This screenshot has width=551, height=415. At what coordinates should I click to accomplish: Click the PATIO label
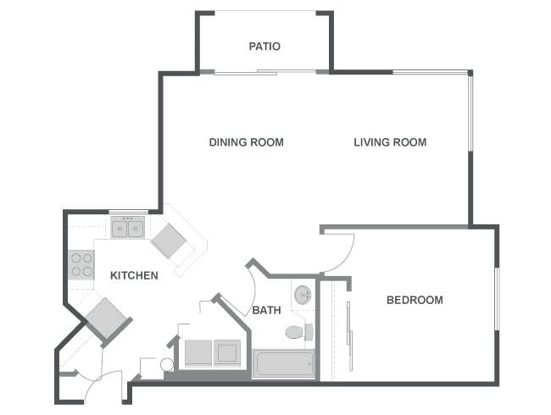click(x=264, y=47)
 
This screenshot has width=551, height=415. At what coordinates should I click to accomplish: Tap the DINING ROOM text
click(x=246, y=142)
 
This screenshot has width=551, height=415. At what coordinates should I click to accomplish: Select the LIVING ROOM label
click(x=390, y=142)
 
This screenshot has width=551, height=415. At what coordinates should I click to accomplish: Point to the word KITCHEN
click(x=134, y=275)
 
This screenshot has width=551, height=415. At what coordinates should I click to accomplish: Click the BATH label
click(x=266, y=311)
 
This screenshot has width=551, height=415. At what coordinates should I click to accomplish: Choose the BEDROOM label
click(x=415, y=300)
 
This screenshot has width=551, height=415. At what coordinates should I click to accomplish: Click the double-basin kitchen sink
click(x=129, y=227)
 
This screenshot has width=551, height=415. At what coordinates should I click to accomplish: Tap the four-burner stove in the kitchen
click(x=81, y=265)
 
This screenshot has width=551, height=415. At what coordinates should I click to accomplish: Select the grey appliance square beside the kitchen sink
click(x=170, y=242)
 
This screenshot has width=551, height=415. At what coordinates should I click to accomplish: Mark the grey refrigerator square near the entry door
click(x=107, y=320)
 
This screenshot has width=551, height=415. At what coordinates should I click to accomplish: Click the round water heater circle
click(x=167, y=365)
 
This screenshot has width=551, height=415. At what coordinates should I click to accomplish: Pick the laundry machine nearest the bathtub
click(x=227, y=352)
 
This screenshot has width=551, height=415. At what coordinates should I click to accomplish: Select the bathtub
click(x=284, y=363)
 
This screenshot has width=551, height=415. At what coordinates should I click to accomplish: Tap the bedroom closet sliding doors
click(x=348, y=325)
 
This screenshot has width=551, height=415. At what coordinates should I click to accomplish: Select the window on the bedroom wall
click(x=497, y=296)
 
